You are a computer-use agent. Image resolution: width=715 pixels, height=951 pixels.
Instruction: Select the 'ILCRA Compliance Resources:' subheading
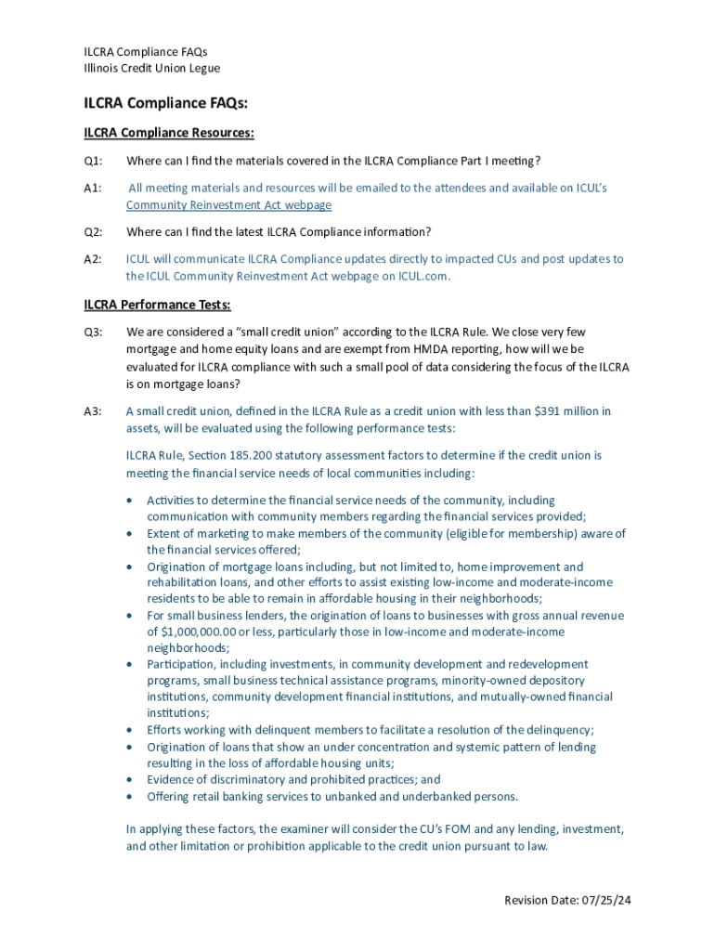169,133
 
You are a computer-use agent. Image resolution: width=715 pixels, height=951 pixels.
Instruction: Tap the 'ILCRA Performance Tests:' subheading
158,305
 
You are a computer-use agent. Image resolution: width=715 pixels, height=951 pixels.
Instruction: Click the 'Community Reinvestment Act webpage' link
228,205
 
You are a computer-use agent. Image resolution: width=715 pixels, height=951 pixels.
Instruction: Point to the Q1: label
93,161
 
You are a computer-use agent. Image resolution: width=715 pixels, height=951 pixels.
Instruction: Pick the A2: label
93,259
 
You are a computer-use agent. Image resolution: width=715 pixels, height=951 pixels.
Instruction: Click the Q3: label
93,332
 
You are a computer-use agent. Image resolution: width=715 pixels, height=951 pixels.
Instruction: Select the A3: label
93,410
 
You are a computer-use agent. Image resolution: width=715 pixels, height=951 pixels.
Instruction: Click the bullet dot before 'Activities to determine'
130,501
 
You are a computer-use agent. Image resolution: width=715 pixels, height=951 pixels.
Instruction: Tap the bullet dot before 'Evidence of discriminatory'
130,780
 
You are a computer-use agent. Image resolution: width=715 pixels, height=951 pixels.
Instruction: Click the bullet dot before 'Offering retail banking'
130,797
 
